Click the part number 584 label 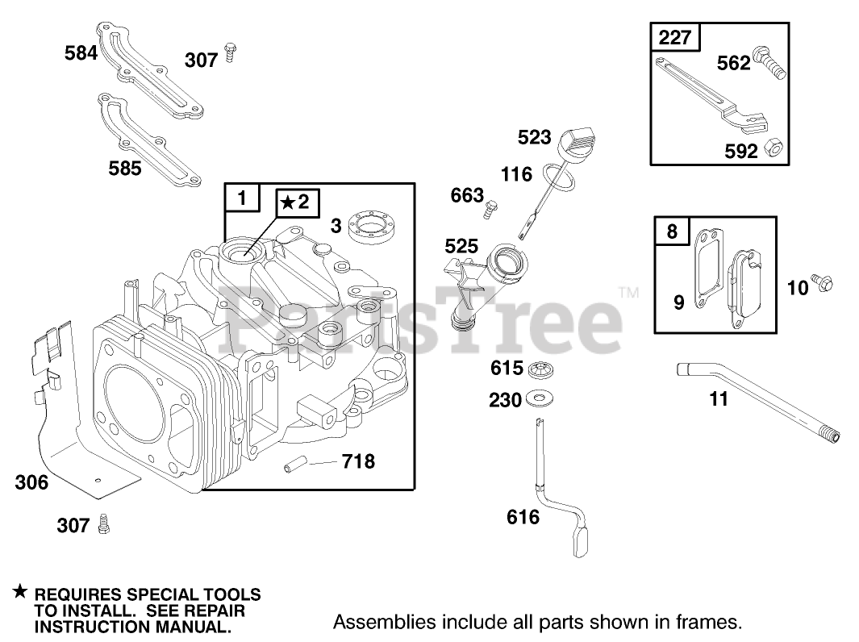point(81,54)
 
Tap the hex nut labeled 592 point(777,149)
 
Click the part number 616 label point(523,516)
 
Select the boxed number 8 point(672,231)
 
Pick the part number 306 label point(31,483)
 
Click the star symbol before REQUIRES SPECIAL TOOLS point(19,592)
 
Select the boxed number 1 point(243,197)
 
